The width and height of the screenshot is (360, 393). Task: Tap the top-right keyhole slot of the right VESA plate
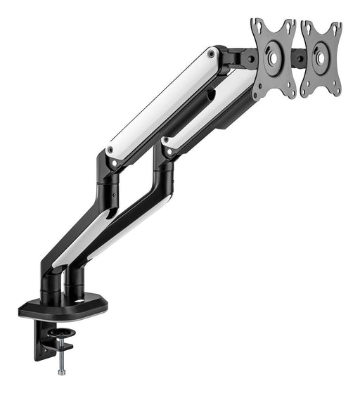336,29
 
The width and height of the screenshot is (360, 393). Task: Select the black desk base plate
63,307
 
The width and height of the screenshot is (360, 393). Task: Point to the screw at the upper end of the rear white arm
212,53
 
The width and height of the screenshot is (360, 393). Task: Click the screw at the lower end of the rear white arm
110,150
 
